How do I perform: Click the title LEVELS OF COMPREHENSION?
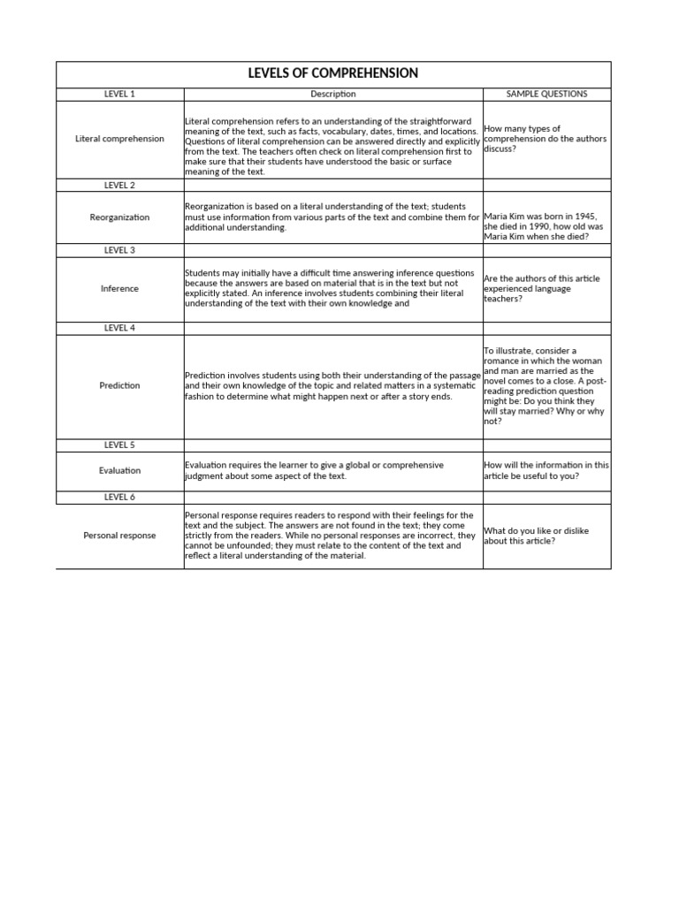pos(333,73)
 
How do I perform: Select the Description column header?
pos(333,95)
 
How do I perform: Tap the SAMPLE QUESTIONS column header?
pos(546,95)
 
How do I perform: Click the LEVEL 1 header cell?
pos(119,95)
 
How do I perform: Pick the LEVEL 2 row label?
pos(119,186)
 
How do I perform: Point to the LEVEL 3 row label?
pos(119,250)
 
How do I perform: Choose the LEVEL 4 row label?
pos(119,328)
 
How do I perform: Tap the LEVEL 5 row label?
pos(119,445)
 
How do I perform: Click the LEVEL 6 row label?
pos(119,497)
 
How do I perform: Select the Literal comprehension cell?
pos(119,139)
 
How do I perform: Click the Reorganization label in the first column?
pos(119,217)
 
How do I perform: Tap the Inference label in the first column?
pos(119,289)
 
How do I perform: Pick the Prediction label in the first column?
pos(119,385)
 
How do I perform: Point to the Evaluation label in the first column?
pos(119,471)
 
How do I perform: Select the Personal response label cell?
pos(119,536)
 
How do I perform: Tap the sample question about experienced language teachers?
pos(541,289)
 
